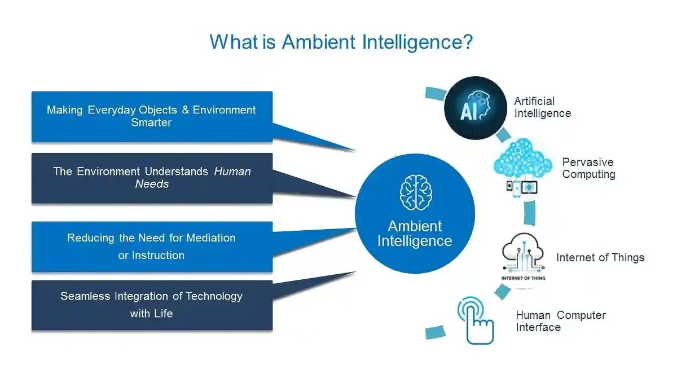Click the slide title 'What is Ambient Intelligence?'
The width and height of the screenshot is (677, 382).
341,42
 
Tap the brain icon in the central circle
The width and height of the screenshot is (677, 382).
415,192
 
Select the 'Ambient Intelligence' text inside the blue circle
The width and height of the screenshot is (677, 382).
415,234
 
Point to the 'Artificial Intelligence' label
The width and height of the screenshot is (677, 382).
542,107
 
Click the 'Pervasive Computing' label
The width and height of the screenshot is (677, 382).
588,168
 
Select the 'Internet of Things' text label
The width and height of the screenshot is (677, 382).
600,257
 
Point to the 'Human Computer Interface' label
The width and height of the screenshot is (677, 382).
560,321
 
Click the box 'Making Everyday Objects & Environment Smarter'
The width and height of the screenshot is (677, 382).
152,116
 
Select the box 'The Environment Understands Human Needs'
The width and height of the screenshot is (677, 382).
152,178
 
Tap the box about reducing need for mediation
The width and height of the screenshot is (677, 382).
152,247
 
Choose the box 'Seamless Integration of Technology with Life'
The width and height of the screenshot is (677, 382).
152,305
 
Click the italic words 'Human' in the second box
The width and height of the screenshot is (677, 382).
232,172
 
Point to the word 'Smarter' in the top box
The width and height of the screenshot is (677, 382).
151,122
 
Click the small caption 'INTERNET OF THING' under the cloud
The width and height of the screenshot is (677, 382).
523,278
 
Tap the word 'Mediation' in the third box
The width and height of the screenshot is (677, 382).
211,238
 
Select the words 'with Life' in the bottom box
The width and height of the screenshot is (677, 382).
151,313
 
